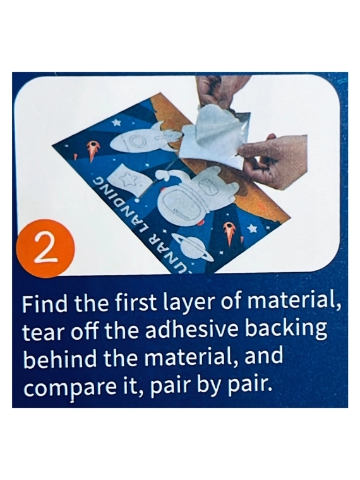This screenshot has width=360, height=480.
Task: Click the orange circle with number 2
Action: (x=46, y=250)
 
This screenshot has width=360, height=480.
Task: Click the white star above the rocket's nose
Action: (x=116, y=123)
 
